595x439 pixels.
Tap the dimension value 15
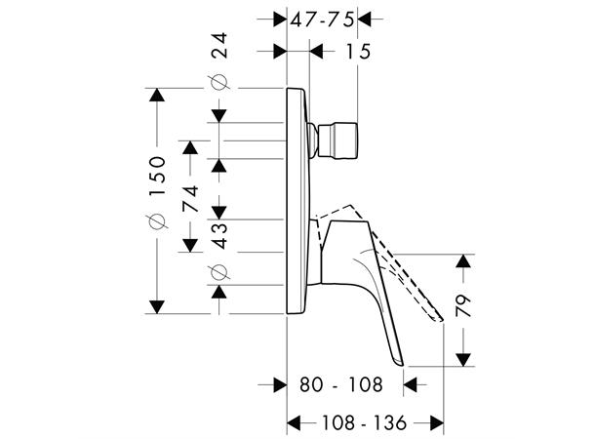359,51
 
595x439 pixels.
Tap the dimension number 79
462,306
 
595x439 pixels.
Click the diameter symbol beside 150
157,223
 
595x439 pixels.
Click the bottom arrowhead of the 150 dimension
156,306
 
